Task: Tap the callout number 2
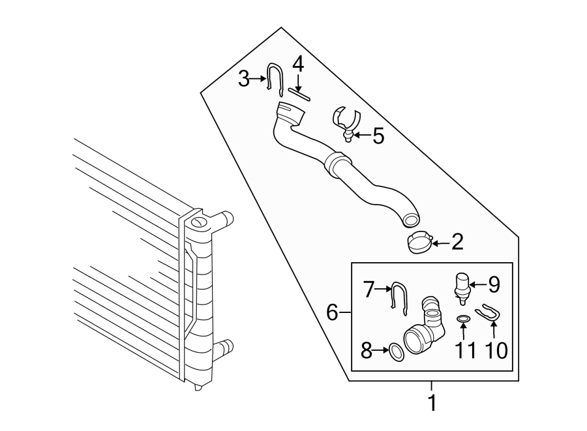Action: [457, 243]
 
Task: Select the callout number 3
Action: [244, 80]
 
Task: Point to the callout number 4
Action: [297, 65]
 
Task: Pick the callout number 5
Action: [378, 136]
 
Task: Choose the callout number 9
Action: [494, 284]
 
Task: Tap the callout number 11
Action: [464, 351]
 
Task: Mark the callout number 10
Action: [496, 351]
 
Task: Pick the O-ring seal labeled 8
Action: [395, 351]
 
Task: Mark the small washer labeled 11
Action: [463, 319]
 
